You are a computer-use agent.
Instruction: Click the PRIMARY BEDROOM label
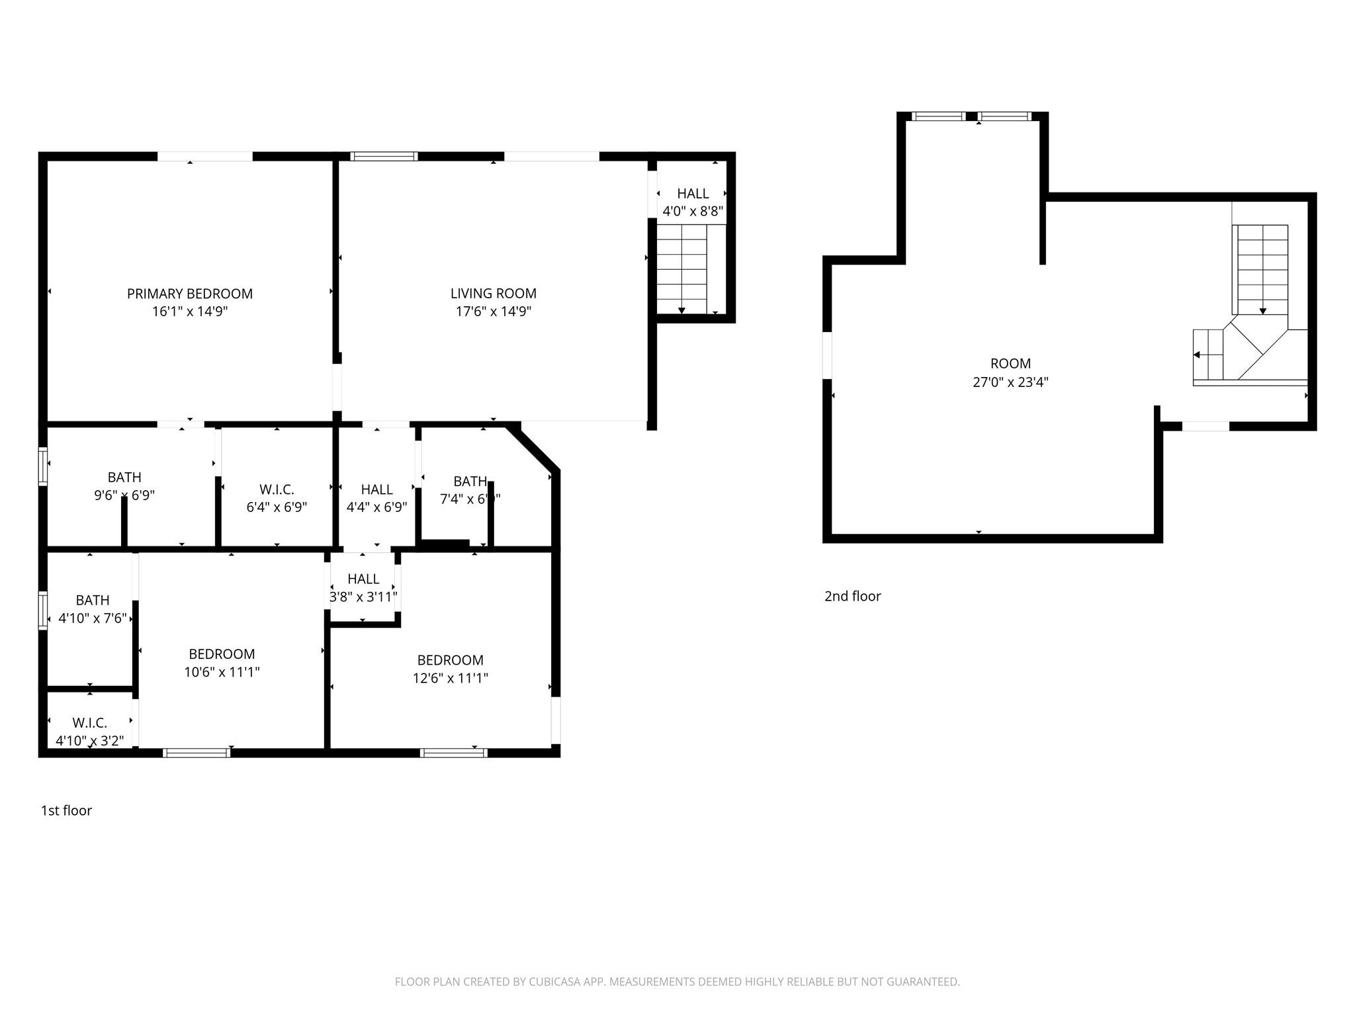pos(190,294)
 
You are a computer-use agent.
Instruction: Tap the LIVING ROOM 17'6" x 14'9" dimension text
pos(494,312)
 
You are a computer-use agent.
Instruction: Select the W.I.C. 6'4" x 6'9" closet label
pos(277,498)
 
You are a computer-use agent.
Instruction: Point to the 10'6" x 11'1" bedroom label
pos(222,663)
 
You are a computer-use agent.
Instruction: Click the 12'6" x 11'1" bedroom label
pos(450,669)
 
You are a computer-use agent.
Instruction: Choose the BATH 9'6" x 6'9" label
pos(124,486)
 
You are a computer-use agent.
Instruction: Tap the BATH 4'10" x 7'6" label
pos(93,609)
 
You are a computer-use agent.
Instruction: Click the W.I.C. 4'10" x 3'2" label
pos(90,732)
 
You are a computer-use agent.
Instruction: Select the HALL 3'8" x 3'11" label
pos(363,587)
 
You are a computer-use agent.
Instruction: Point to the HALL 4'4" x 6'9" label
pos(376,498)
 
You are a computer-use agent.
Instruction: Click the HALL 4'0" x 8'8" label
pos(693,202)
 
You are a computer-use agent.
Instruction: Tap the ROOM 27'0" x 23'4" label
pos(1010,372)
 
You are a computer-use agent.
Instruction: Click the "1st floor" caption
pos(66,810)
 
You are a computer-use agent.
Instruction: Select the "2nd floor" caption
pos(852,596)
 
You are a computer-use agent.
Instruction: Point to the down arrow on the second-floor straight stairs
pos(1262,310)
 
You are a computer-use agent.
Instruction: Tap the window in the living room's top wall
pos(384,157)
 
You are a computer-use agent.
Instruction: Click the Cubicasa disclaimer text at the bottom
pos(677,982)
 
